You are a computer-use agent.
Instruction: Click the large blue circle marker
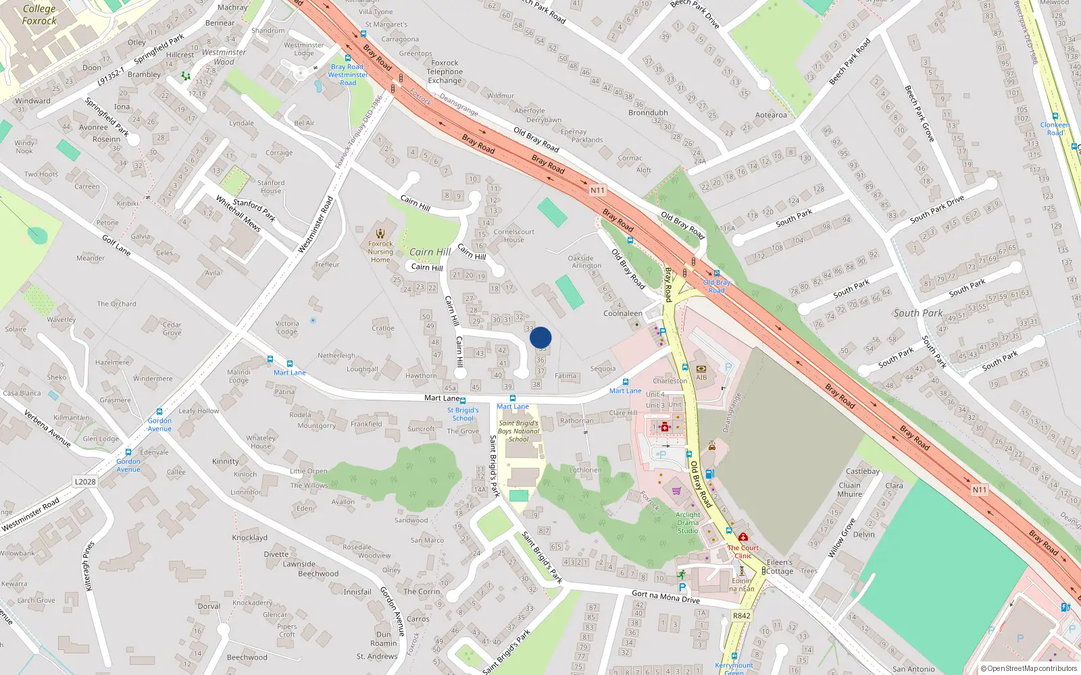click(540, 337)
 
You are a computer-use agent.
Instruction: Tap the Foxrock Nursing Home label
click(380, 252)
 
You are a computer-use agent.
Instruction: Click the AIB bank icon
click(701, 369)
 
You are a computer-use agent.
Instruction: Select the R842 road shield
click(741, 616)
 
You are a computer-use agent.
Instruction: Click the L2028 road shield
click(85, 481)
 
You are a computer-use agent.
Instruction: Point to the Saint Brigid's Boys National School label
click(518, 431)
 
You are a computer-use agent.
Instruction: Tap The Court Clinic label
click(743, 551)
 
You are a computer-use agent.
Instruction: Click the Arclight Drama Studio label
click(688, 522)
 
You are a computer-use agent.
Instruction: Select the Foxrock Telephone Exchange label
click(445, 72)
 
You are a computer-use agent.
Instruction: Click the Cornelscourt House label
click(513, 236)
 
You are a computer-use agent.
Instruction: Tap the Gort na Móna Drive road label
click(665, 597)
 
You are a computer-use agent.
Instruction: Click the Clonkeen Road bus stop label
click(1055, 128)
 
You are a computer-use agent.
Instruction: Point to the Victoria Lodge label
click(287, 327)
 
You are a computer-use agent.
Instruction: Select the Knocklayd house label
click(250, 538)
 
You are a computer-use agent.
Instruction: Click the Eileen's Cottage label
click(780, 566)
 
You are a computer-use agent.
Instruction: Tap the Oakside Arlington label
click(585, 262)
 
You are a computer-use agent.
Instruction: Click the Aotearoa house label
click(771, 115)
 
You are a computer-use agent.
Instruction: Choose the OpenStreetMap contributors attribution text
click(1028, 668)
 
